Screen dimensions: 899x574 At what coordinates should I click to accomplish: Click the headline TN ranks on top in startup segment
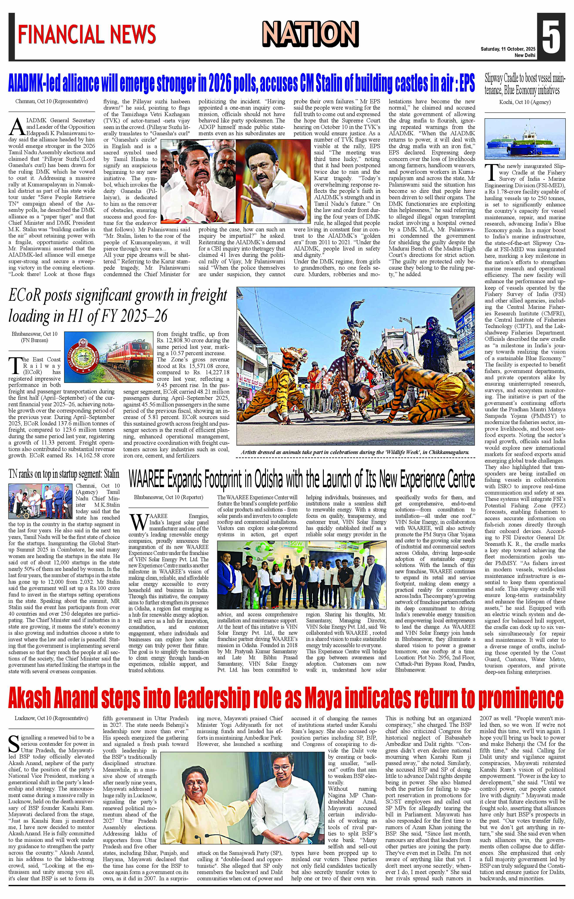click(64, 474)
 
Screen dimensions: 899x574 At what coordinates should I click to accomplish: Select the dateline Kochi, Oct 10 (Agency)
click(525, 102)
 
